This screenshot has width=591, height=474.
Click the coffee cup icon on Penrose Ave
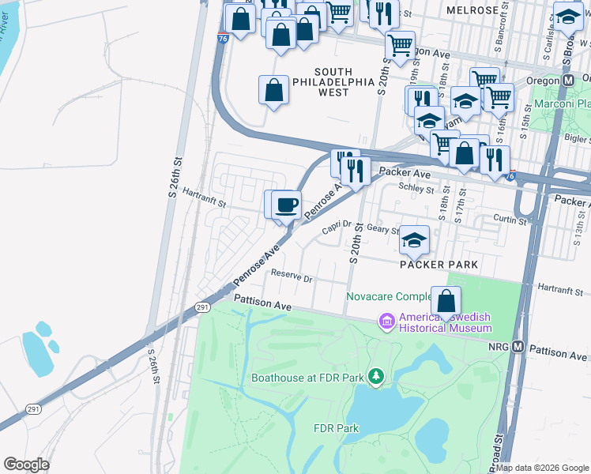(287, 205)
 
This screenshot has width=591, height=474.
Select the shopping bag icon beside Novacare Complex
(446, 301)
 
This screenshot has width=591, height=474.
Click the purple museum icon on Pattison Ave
(387, 321)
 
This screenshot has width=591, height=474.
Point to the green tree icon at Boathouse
(376, 377)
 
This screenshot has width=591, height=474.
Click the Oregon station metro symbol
(568, 81)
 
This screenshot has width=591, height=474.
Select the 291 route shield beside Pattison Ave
(202, 307)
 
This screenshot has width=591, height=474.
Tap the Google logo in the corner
(26, 465)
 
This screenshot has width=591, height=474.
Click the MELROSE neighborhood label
(472, 10)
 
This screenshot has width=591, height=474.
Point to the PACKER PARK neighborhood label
(439, 265)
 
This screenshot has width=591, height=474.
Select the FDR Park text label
(337, 429)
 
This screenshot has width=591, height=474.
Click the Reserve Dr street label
(292, 277)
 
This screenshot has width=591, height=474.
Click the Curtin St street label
(510, 221)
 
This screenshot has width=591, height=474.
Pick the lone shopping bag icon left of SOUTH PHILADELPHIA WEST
(273, 90)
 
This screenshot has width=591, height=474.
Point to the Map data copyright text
(542, 468)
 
